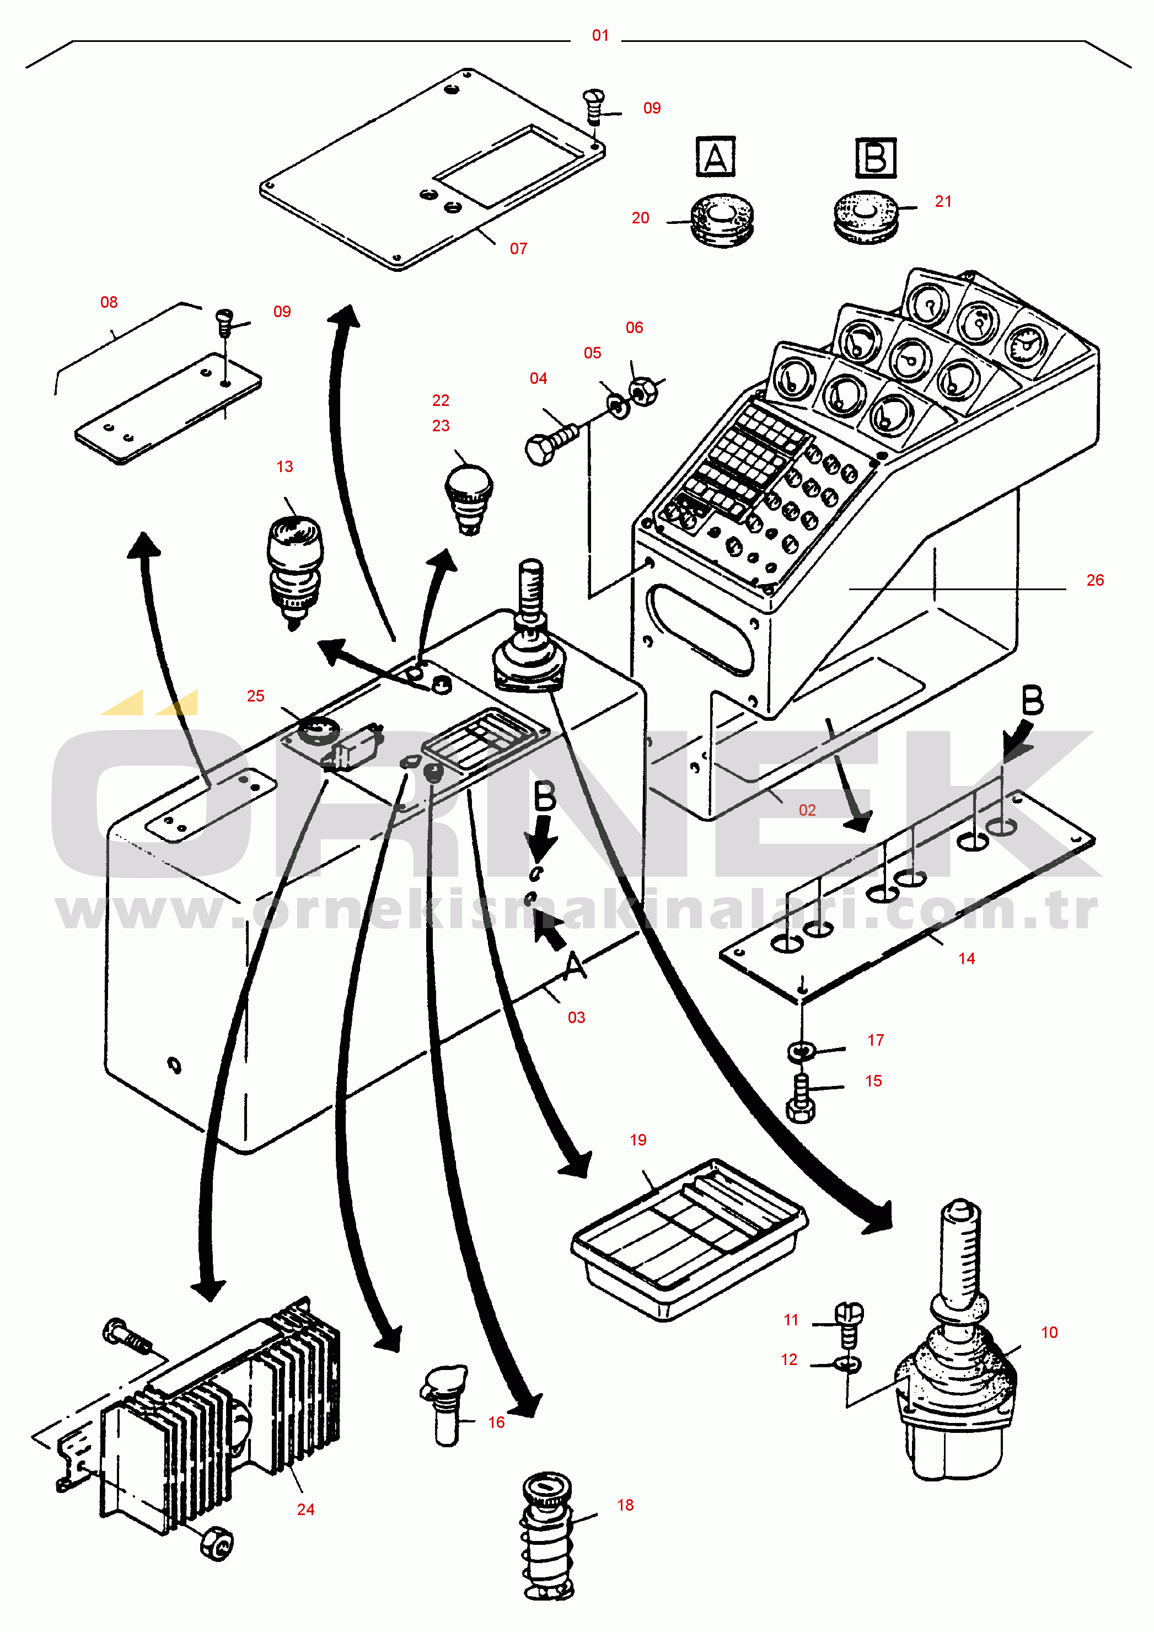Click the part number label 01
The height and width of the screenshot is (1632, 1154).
(600, 35)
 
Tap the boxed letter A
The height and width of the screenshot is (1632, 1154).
(715, 157)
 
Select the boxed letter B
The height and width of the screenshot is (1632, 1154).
(876, 157)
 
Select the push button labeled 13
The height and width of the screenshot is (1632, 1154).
(294, 569)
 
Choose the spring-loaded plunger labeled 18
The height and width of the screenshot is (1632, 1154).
(547, 1535)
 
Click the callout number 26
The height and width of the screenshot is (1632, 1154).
(1094, 580)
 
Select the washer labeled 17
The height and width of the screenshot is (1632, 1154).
(800, 1051)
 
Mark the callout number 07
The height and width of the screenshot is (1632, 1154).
(518, 249)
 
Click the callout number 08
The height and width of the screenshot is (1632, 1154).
(109, 302)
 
